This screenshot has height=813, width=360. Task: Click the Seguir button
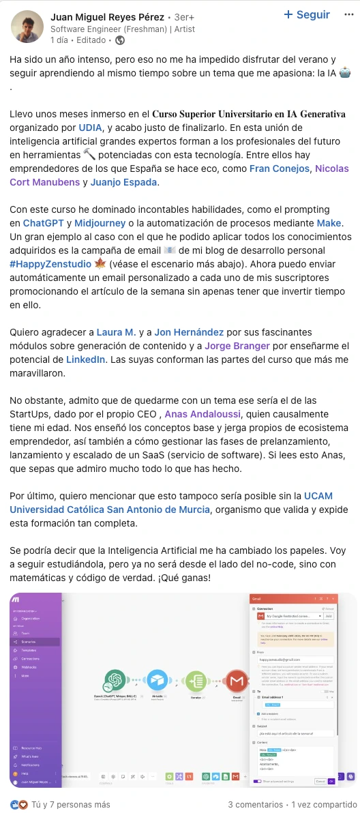point(306,15)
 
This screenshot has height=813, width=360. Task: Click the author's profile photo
point(27,27)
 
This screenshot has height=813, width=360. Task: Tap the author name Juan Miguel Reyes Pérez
point(107,16)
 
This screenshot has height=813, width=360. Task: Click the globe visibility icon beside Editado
point(121,40)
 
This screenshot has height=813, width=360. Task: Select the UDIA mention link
point(91,127)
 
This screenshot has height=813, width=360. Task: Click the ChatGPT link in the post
point(44,223)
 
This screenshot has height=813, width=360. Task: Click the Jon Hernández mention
point(189,332)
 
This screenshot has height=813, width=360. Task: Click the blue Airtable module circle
point(156,680)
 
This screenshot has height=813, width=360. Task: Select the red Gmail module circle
point(237,680)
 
